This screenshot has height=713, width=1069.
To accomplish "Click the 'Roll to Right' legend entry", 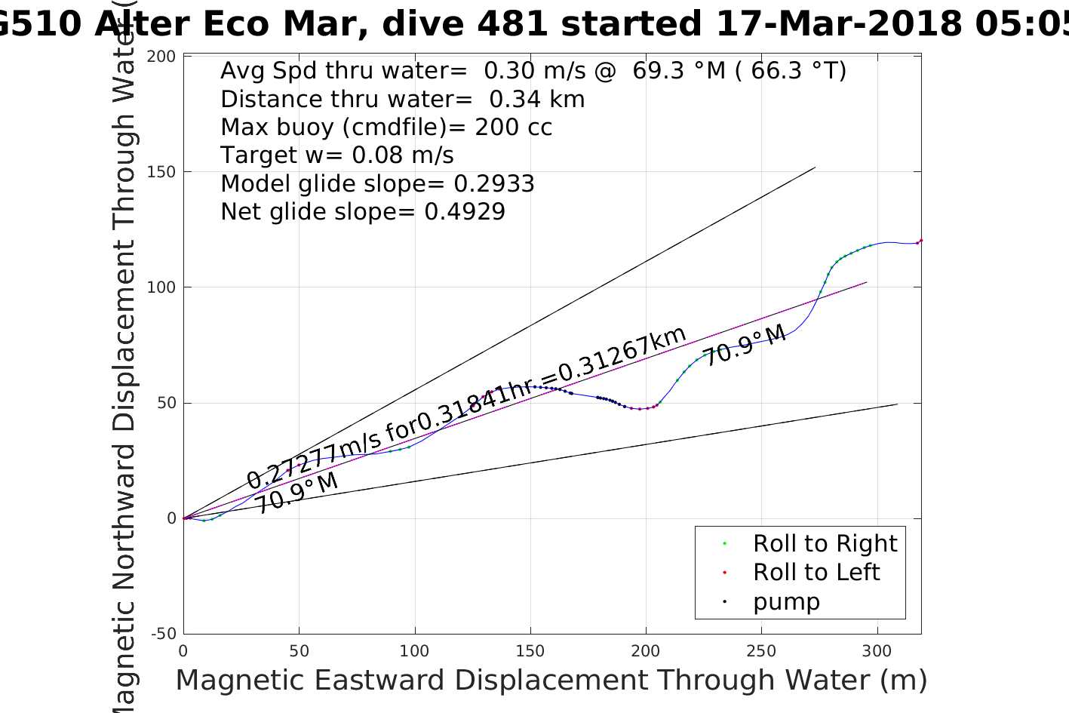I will (x=825, y=543).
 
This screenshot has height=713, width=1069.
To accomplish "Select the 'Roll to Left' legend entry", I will (x=816, y=572).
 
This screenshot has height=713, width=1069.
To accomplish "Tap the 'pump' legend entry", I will (x=786, y=601).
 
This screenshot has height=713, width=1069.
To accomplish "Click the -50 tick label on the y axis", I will (x=164, y=634).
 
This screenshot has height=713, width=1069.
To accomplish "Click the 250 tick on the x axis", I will (x=761, y=651).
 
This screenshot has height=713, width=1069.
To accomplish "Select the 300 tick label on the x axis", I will (x=877, y=651).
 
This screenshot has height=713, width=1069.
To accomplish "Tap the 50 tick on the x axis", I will (x=300, y=651).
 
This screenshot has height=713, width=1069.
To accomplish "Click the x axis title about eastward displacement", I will (x=551, y=681).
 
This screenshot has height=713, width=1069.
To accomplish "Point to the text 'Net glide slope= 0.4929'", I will (x=363, y=212).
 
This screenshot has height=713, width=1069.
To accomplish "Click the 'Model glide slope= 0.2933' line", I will (x=377, y=183).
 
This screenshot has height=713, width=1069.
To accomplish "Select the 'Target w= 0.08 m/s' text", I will (x=337, y=155).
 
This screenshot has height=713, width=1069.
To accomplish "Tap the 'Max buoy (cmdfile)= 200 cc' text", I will (x=386, y=127).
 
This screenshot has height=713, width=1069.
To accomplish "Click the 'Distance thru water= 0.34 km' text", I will (x=402, y=99).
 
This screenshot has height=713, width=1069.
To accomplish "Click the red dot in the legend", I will (x=724, y=573).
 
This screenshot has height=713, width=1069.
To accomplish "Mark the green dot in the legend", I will (x=724, y=544).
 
